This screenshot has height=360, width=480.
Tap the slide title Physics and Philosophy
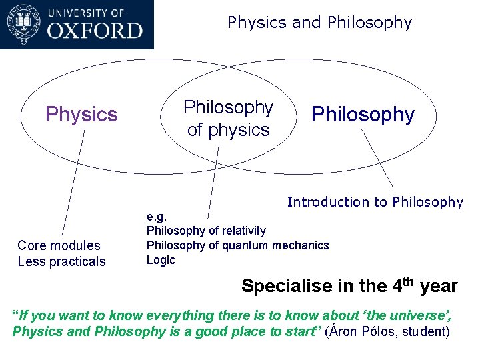pyautogui.click(x=319, y=23)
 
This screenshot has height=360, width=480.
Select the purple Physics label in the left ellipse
pyautogui.click(x=81, y=115)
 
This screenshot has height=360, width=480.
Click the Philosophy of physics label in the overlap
pyautogui.click(x=229, y=119)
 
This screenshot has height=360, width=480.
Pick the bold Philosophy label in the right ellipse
pyautogui.click(x=363, y=115)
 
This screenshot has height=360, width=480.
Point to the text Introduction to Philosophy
pyautogui.click(x=375, y=202)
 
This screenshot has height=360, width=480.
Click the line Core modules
pyautogui.click(x=59, y=246)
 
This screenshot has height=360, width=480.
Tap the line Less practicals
pyautogui.click(x=61, y=261)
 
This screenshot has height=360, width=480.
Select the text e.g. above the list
pyautogui.click(x=157, y=217)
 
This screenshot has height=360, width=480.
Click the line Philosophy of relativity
pyautogui.click(x=206, y=231)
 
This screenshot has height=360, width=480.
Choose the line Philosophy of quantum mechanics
pyautogui.click(x=237, y=245)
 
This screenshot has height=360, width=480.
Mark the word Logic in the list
pyautogui.click(x=161, y=260)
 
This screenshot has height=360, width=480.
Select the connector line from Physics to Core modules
pyautogui.click(x=73, y=183)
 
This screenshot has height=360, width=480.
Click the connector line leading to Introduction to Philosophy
pyautogui.click(x=377, y=158)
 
